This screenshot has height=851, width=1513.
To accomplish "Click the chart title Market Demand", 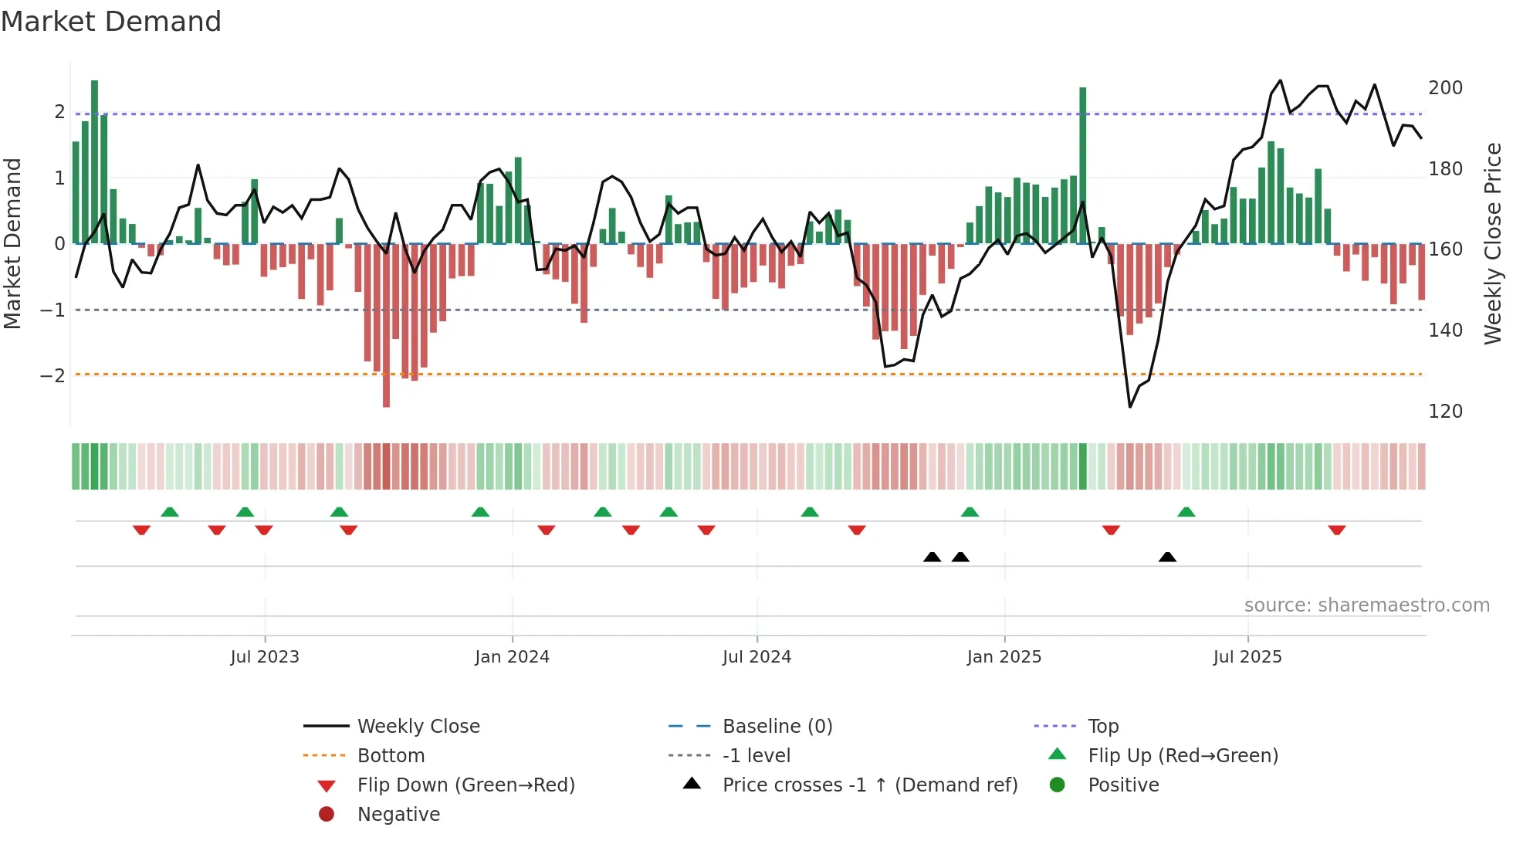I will [x=111, y=22].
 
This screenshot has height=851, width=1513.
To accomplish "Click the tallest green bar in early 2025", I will [x=1082, y=166].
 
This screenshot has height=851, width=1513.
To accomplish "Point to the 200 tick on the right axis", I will [x=1445, y=88].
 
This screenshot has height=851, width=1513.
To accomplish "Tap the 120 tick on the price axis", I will [x=1445, y=412].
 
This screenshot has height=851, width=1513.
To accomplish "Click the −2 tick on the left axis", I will [x=53, y=376].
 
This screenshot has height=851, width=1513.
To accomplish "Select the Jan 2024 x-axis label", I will [x=512, y=657].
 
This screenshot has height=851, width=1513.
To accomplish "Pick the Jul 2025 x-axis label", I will [x=1247, y=657].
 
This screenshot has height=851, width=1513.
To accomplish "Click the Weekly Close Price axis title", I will [x=1493, y=243].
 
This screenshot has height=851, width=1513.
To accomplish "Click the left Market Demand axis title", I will [x=12, y=243].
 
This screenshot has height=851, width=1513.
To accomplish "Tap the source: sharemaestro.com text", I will [x=1366, y=605].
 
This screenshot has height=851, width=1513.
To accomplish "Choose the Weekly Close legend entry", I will [x=418, y=727].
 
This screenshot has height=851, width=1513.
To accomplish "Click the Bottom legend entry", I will [x=391, y=756].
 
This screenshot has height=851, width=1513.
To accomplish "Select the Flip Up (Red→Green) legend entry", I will [x=1183, y=756].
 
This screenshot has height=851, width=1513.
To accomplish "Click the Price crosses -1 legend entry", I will [x=869, y=785].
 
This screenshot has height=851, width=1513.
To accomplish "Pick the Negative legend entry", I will [x=398, y=815].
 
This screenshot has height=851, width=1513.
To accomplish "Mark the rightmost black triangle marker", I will [x=1167, y=558].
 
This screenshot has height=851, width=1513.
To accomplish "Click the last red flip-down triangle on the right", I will [x=1337, y=530].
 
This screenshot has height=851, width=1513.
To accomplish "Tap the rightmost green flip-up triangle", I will [x=1186, y=512].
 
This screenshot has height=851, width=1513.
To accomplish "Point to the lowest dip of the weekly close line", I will [x=1130, y=406].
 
